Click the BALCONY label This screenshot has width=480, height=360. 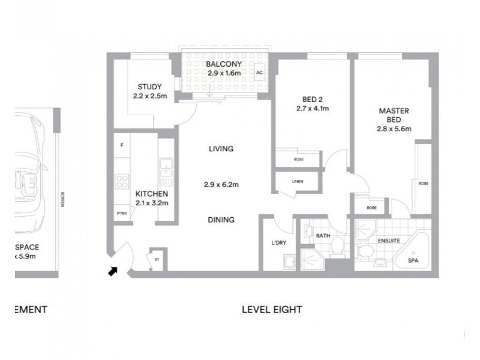[223, 64]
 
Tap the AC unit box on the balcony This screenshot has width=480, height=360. [259, 72]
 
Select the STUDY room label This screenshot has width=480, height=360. [149, 86]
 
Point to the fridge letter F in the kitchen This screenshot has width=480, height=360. [122, 145]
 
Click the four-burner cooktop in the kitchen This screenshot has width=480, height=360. [122, 180]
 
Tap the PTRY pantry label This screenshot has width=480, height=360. [122, 214]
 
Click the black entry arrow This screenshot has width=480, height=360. [112, 272]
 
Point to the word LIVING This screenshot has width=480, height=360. [221, 149]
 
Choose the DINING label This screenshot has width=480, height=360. [221, 220]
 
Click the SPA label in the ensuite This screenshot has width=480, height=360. [413, 261]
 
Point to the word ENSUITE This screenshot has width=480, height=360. [389, 239]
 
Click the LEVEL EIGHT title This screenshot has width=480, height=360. [271, 310]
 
